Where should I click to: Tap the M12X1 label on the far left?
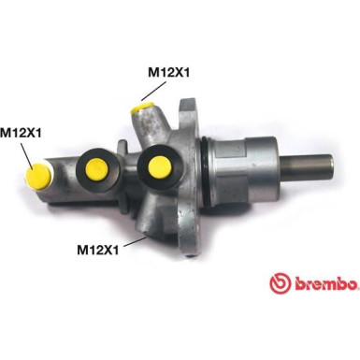tap(21, 133)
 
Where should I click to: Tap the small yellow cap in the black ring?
tap(94, 166)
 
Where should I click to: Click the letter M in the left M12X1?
tap(6, 133)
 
